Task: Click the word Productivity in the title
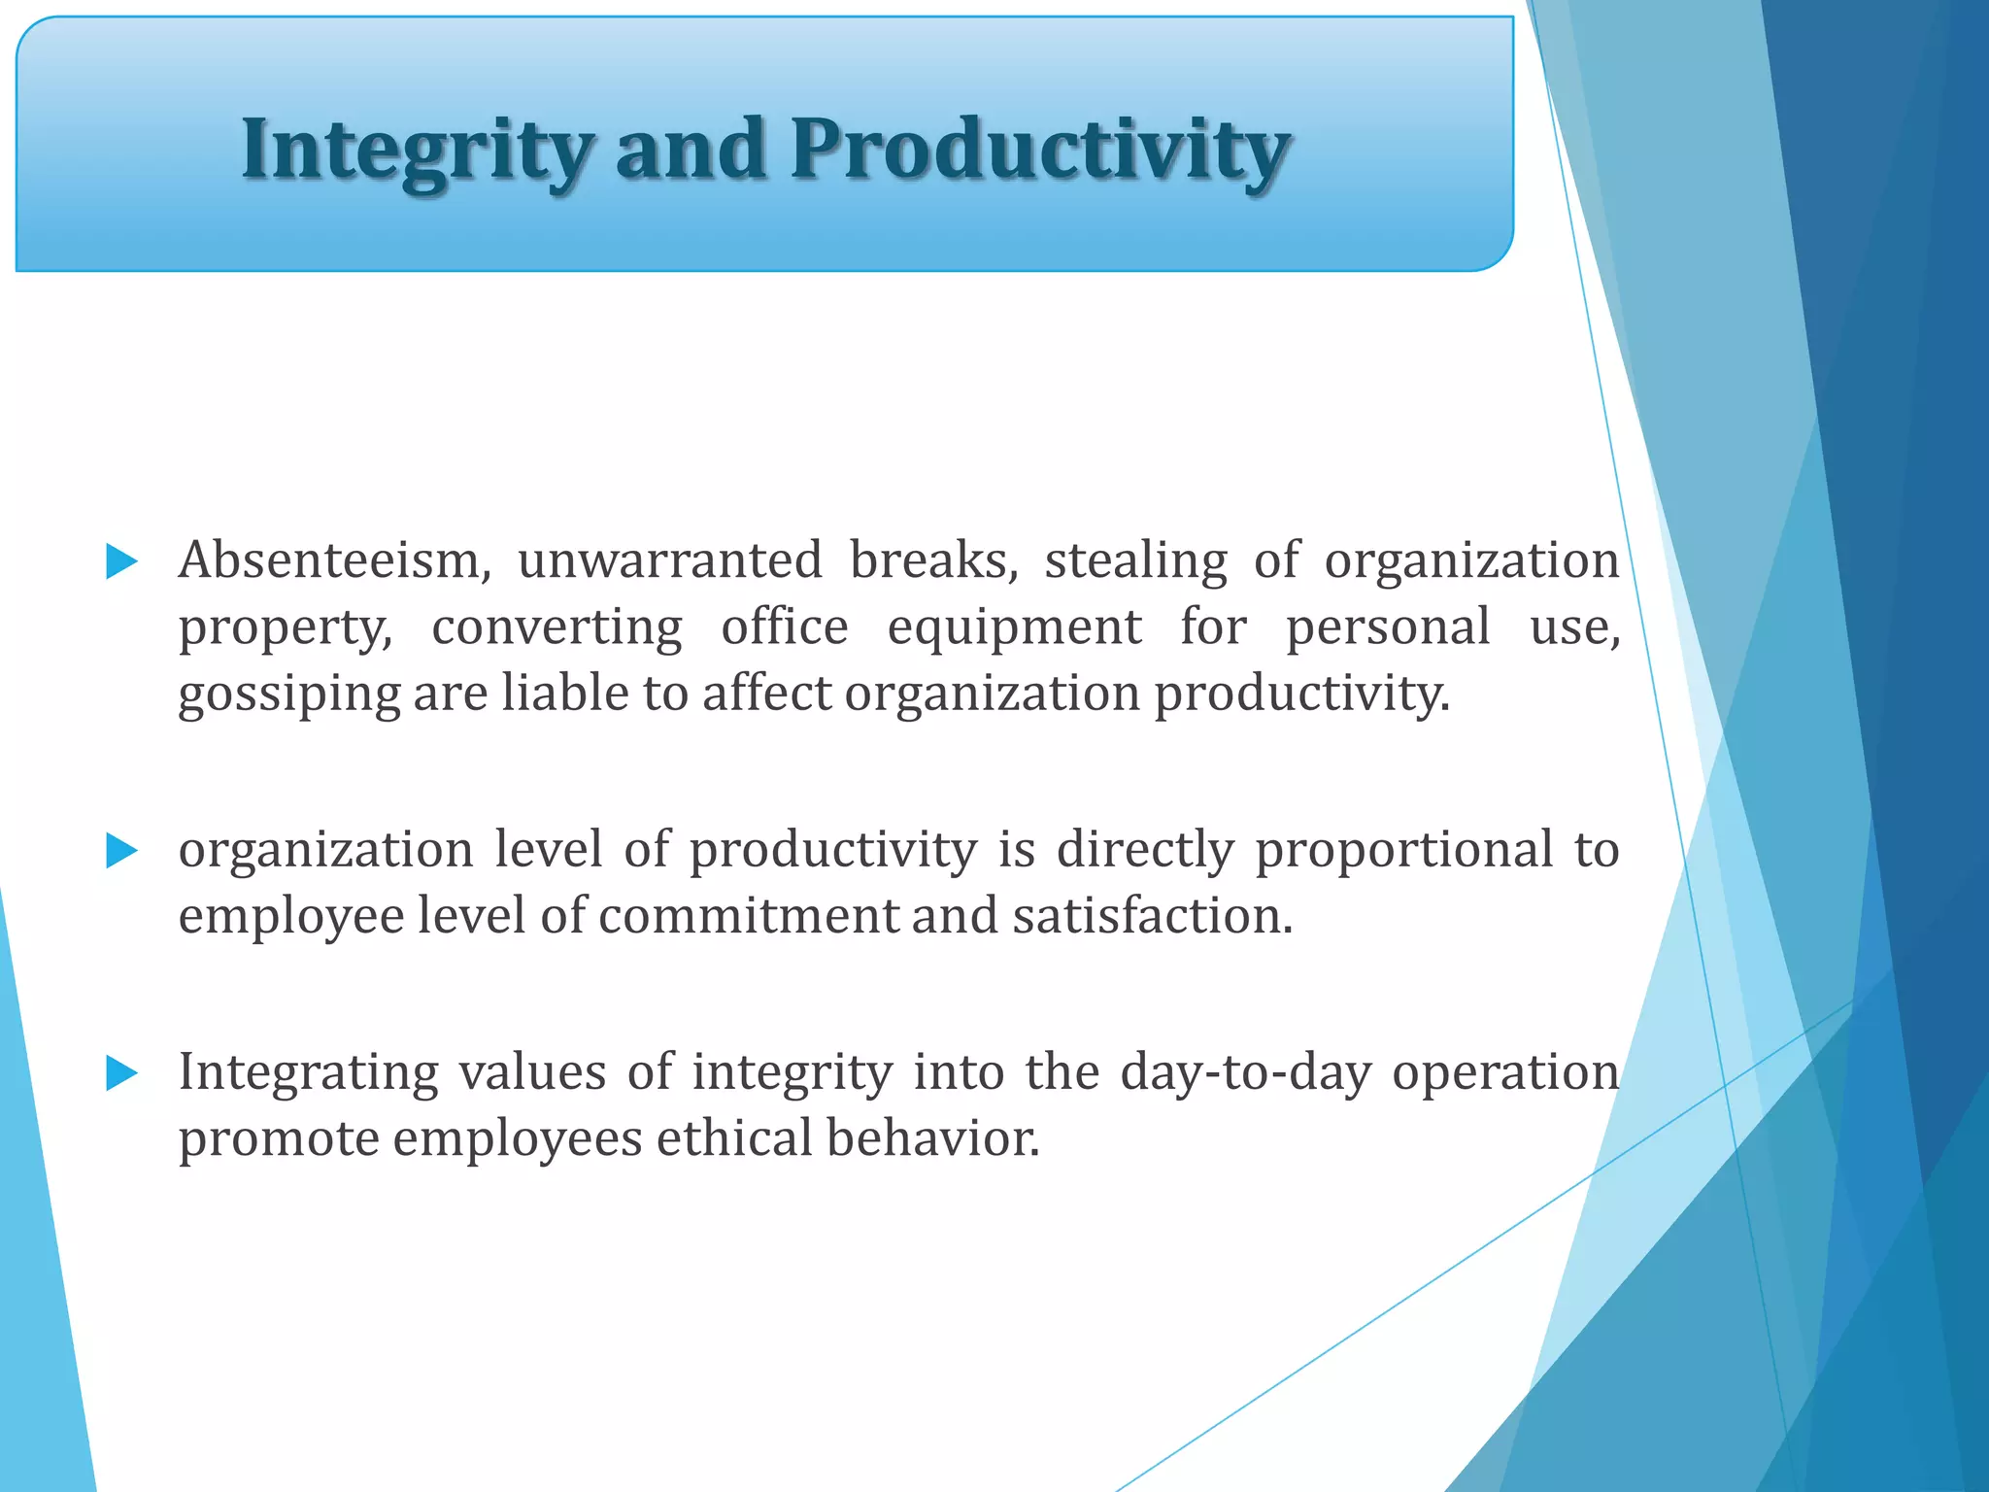tap(1039, 150)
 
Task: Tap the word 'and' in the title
tap(691, 150)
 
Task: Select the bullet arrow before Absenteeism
tap(121, 561)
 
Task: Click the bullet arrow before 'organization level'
tap(121, 851)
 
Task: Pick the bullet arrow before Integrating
tap(121, 1073)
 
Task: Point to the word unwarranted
tap(669, 560)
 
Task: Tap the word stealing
tap(1135, 560)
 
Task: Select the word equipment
tap(1014, 627)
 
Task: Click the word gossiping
tap(289, 695)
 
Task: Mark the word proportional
tap(1403, 850)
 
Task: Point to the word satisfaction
tap(1152, 916)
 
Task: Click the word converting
tap(556, 627)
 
